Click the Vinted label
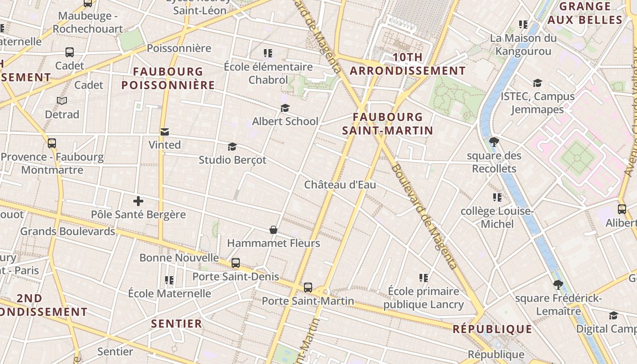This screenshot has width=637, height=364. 165,145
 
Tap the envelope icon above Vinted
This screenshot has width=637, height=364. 165,132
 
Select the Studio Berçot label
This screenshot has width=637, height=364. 233,160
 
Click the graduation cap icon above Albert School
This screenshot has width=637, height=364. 285,108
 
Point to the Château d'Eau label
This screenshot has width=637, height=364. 340,185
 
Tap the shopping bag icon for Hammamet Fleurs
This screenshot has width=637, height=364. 273,230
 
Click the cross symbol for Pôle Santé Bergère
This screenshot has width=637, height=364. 138,201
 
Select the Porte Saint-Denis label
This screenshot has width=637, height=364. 236,276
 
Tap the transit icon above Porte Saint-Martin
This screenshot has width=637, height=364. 308,288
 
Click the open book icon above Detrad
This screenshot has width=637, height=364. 62,101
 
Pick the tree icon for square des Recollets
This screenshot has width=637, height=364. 494,142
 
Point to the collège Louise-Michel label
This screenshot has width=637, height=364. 497,217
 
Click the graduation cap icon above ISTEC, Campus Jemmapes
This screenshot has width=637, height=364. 537,83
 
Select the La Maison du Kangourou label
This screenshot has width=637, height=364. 523,45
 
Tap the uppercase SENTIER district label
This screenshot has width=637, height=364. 177,324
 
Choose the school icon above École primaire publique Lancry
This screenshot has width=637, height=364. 424,278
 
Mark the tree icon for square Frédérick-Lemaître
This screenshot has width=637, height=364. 558,285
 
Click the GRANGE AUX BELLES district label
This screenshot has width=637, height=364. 585,13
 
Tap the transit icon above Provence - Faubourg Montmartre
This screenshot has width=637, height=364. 52,143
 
